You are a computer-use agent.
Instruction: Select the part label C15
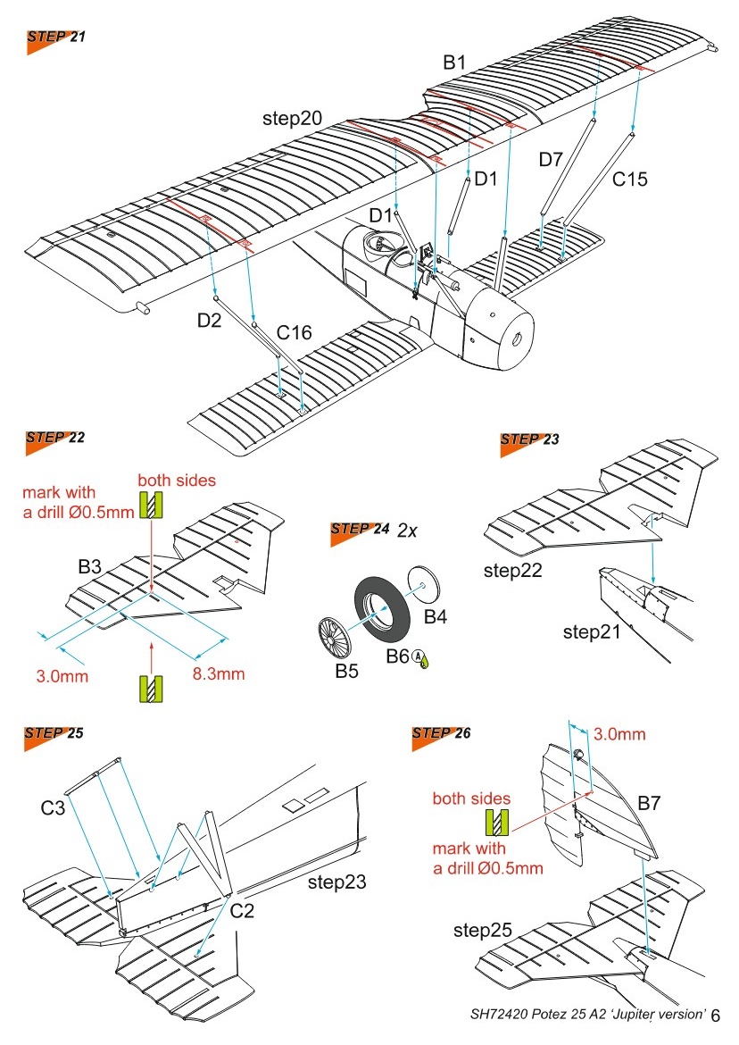tap(629, 179)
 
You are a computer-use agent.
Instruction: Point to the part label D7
tap(551, 159)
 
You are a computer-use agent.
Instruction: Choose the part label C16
tap(294, 333)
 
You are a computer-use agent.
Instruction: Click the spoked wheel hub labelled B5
tap(336, 636)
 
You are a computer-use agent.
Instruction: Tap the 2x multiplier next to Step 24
tap(409, 529)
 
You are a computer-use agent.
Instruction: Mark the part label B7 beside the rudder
tap(649, 805)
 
